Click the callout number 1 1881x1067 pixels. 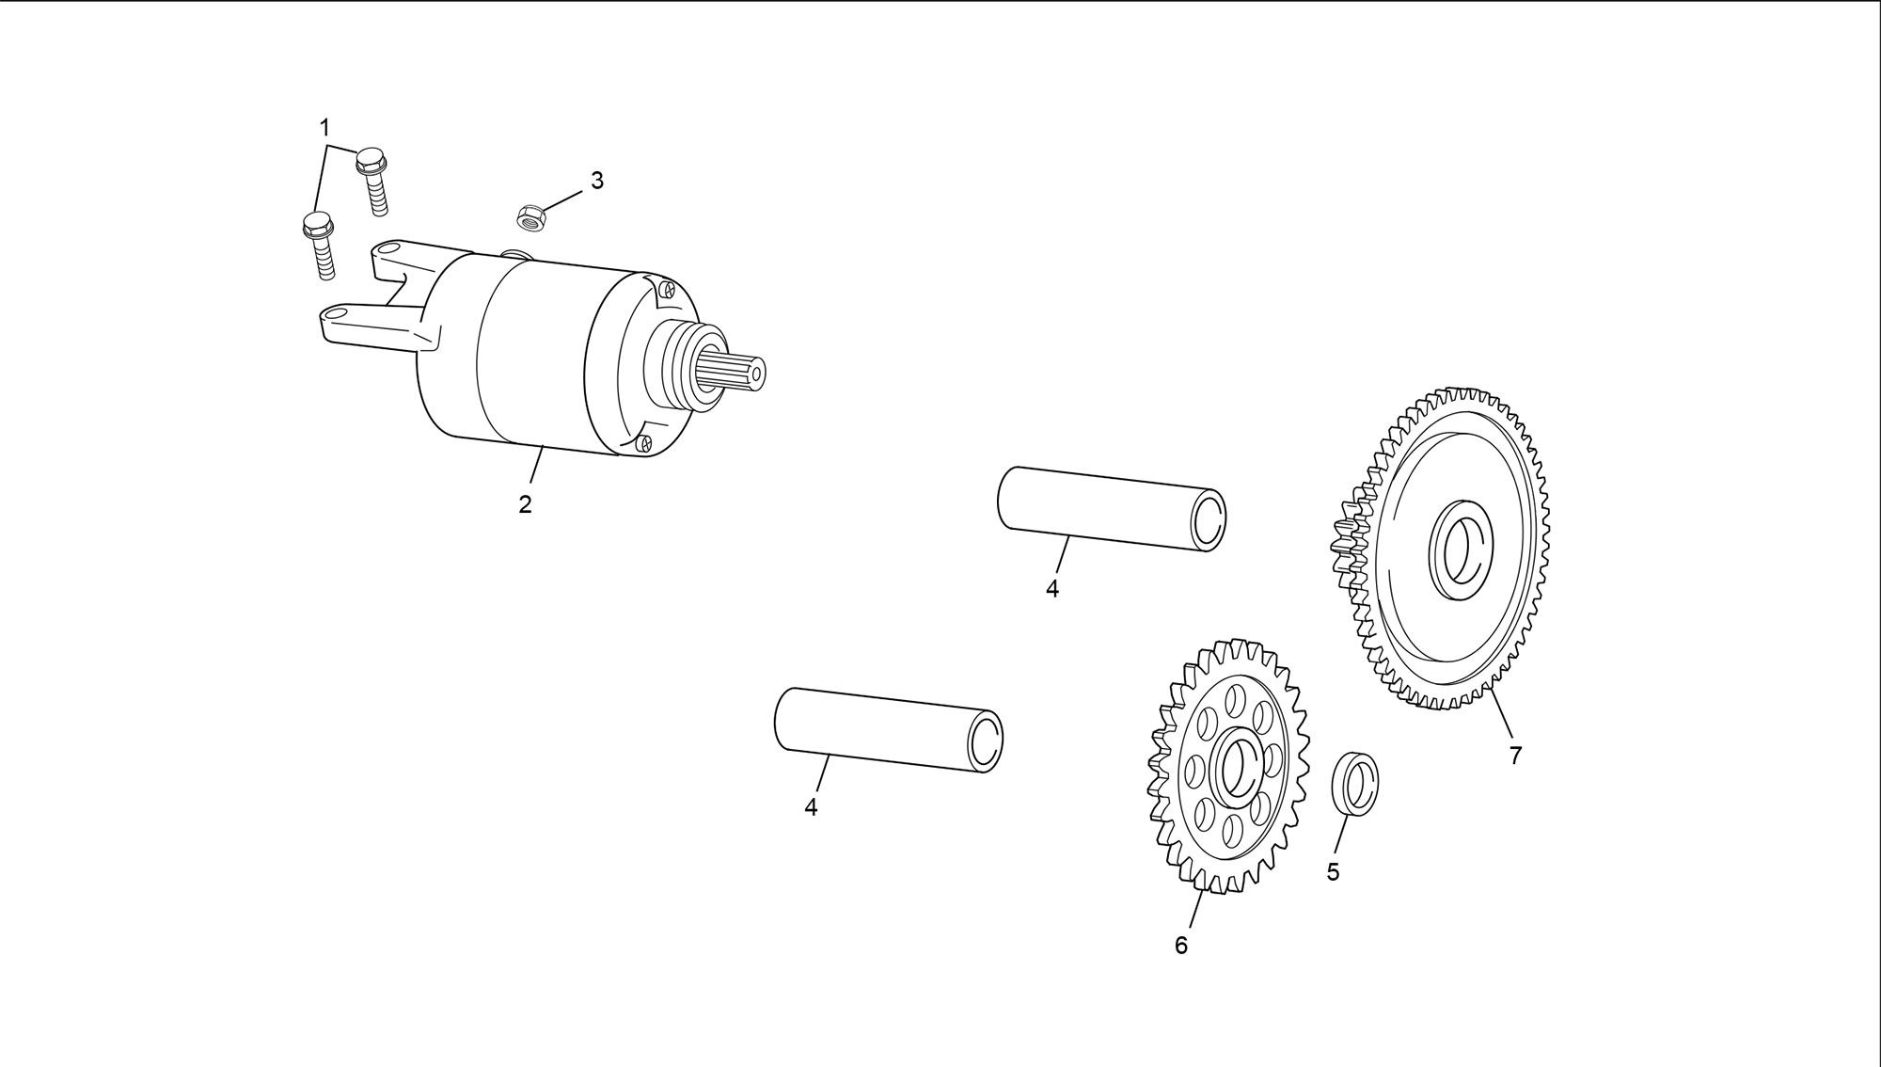[324, 127]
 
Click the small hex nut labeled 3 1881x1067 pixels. [530, 217]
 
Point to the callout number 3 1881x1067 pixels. [596, 181]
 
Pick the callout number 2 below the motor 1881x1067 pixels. [525, 504]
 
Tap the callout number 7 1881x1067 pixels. [1515, 755]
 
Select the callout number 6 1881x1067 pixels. [1181, 946]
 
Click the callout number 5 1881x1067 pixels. [1333, 872]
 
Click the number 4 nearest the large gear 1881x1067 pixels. [1051, 589]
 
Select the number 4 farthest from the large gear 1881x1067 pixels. [811, 807]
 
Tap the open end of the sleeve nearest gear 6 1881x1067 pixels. [984, 741]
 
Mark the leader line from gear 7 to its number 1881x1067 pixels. [1501, 714]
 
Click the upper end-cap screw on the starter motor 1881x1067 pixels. [668, 289]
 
